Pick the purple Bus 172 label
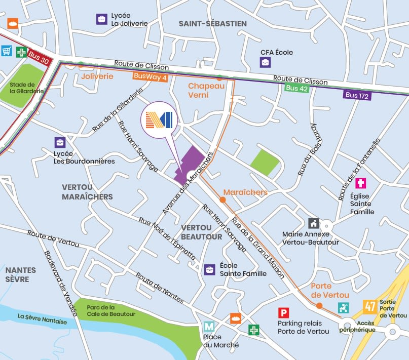click(357, 95)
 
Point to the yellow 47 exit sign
click(369, 306)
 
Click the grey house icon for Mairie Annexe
click(313, 223)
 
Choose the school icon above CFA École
click(266, 63)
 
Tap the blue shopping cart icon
click(7, 51)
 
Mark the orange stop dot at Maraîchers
click(222, 201)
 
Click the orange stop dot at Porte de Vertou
click(319, 305)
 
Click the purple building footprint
click(190, 163)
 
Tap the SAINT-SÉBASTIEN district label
click(212, 24)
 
